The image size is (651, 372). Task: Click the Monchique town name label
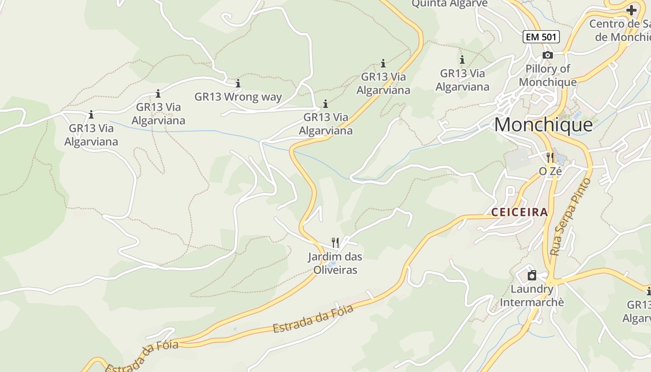click(543, 125)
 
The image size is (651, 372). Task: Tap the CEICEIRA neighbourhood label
click(520, 213)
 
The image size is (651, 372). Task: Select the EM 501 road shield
click(541, 37)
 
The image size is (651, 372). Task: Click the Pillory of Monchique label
click(548, 75)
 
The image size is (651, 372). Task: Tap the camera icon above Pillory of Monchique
click(548, 55)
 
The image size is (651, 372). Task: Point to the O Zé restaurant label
click(550, 171)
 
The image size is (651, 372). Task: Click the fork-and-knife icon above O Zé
click(550, 158)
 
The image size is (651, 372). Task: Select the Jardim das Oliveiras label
click(335, 263)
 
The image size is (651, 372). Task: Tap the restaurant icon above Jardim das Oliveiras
click(335, 242)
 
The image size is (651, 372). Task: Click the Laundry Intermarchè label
click(531, 296)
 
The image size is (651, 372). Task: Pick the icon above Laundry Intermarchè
click(531, 275)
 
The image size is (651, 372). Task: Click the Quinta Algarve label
click(449, 4)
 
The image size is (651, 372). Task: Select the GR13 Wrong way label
click(238, 97)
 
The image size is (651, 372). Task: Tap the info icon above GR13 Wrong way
click(238, 83)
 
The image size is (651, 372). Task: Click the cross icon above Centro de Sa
click(631, 10)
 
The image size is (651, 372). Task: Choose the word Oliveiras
click(335, 270)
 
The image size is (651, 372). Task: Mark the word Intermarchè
click(531, 302)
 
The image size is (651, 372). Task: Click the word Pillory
click(542, 69)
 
